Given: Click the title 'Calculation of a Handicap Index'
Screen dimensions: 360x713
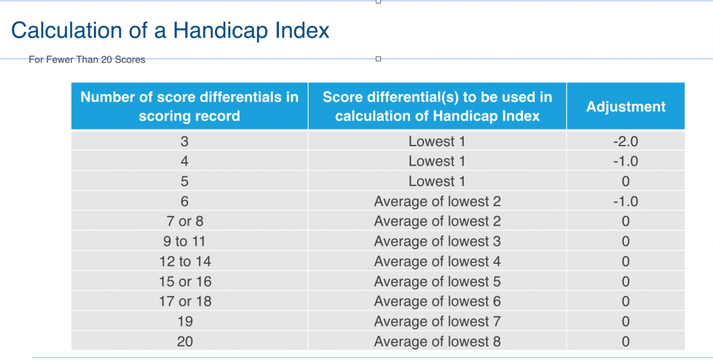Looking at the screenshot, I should coord(171,31).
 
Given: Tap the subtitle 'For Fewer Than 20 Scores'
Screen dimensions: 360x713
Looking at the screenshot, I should coord(87,60).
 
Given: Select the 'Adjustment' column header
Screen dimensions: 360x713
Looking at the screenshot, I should coord(625,107).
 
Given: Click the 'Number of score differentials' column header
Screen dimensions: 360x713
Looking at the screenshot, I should coord(189,107).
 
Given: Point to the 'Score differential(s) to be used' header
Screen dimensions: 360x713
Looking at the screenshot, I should coord(437,107).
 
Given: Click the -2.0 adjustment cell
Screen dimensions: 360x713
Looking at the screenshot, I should coord(625,141).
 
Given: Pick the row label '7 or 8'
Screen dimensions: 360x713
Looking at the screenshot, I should coord(185,221).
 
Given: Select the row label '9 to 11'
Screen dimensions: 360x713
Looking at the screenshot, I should coord(185,242).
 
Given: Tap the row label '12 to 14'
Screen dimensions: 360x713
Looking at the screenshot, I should coord(185,262).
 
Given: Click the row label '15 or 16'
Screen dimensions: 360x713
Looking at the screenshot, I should coord(185,282).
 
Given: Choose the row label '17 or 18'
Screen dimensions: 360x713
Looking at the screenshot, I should coord(185,302).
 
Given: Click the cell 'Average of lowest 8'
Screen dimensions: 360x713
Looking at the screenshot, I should coord(437,342).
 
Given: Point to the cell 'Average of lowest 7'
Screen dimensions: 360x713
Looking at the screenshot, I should coord(437,322).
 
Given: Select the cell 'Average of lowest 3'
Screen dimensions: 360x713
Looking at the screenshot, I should coord(437,242).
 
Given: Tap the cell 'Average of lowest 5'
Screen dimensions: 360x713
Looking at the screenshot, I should coord(437,282).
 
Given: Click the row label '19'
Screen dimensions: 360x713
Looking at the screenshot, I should coord(185,322).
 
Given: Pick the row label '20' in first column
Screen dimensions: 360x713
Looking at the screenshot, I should coord(185,342).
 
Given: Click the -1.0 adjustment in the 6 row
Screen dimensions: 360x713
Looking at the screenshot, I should coord(625,201).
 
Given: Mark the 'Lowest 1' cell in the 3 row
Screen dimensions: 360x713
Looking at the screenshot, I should coord(437,141).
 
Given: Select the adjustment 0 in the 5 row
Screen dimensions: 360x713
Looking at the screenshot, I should coord(625,182).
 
